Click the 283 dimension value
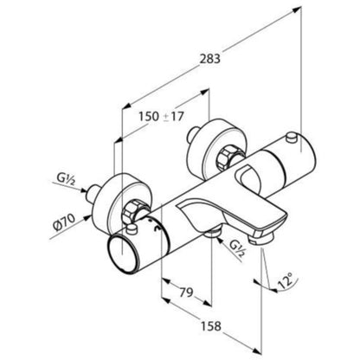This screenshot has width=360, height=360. tap(210, 59)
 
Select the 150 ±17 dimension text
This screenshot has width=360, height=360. tap(161, 117)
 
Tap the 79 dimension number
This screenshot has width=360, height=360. tap(186, 292)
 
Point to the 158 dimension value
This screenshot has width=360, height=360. tap(210, 326)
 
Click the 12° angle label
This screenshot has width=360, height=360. tap(285, 280)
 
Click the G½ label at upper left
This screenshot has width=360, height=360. tap(66, 179)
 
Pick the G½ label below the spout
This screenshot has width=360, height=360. tap(238, 247)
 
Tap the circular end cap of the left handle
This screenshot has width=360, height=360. tap(122, 253)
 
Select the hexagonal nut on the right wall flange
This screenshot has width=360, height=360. tap(225, 157)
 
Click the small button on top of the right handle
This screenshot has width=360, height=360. tap(292, 138)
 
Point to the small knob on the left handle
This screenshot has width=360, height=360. tap(132, 230)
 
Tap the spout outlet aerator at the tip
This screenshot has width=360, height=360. tap(260, 238)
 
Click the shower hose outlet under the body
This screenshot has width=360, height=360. tap(212, 232)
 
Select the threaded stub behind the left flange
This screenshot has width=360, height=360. tap(93, 192)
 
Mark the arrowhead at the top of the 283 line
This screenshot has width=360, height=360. tap(296, 10)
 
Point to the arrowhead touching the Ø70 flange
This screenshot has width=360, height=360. tap(87, 218)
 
